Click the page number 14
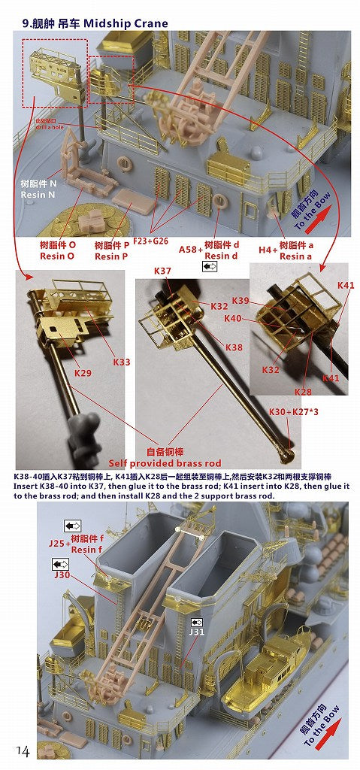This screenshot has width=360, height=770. click(x=21, y=751)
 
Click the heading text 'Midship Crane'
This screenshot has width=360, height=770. click(x=123, y=23)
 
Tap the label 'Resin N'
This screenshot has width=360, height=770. click(x=38, y=195)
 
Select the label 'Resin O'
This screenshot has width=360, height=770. click(x=58, y=256)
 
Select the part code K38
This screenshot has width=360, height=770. click(x=234, y=347)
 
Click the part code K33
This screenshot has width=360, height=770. click(x=121, y=362)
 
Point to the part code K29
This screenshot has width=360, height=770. click(x=83, y=372)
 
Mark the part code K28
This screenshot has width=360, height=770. click(x=303, y=391)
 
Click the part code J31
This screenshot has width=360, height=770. click(x=196, y=632)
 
